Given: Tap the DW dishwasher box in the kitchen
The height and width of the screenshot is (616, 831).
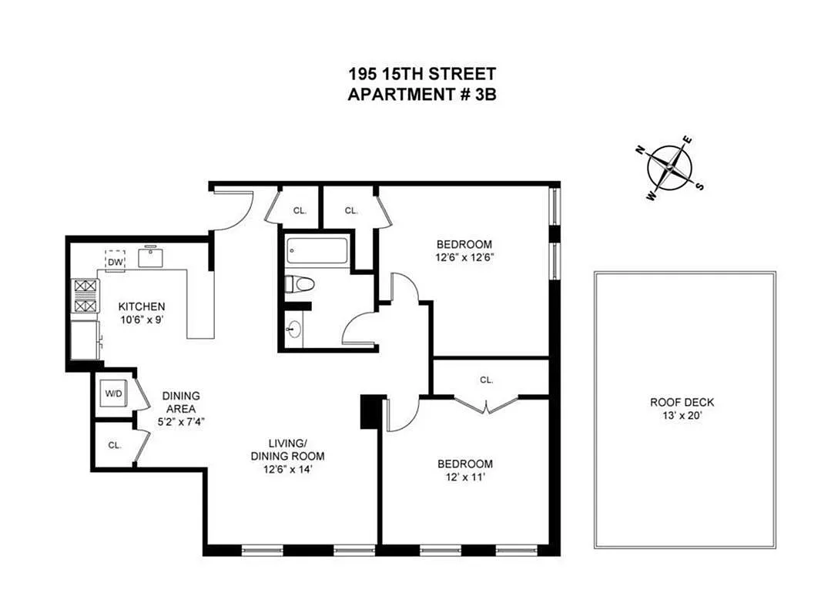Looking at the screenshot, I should tap(116, 260).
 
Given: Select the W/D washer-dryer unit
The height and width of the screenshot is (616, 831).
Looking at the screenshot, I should tap(114, 393).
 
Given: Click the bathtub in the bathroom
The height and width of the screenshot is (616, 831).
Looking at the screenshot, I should tap(317, 249).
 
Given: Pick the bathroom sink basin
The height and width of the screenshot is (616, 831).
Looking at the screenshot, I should tap(293, 330).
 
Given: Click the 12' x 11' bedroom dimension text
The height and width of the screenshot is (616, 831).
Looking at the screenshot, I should tap(464, 477).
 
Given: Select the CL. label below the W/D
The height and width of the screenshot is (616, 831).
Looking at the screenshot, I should tap(115, 444).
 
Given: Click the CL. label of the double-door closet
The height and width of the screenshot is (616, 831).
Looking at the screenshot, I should tap(486, 380).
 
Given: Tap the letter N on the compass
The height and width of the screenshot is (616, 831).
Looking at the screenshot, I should tap(639, 151).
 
